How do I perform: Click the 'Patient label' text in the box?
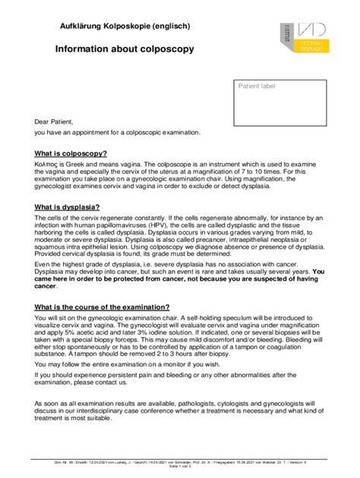click(257, 86)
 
